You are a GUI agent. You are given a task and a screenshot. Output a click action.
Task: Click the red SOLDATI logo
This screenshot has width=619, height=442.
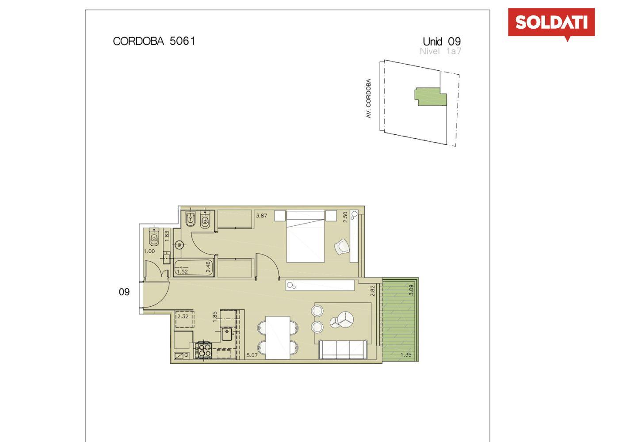[551, 23]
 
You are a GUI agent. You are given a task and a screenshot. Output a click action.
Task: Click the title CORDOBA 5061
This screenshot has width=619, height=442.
[154, 41]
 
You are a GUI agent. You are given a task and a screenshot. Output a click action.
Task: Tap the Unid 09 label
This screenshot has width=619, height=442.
[442, 42]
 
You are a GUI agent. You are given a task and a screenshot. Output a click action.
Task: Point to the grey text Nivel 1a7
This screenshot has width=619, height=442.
[440, 51]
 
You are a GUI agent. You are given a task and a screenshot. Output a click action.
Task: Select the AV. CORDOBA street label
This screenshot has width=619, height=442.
[368, 99]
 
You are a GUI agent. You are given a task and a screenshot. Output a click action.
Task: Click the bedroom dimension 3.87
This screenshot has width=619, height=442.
[261, 216]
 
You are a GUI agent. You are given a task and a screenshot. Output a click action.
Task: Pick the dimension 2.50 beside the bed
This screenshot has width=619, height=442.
[345, 217]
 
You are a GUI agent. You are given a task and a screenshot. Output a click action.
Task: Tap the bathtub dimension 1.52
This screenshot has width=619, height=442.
[182, 271]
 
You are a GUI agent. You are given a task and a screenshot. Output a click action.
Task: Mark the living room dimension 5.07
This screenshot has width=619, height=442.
[252, 355]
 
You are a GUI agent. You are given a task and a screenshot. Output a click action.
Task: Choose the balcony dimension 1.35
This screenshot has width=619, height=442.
[406, 355]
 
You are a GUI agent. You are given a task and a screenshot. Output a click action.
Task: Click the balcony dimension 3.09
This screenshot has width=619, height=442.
[412, 290]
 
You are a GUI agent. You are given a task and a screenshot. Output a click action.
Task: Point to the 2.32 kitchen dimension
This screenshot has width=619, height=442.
[183, 316]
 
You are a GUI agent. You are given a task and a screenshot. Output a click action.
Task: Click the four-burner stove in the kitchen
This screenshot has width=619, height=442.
[204, 350]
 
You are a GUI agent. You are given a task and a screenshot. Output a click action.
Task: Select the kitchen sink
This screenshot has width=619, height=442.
[228, 334]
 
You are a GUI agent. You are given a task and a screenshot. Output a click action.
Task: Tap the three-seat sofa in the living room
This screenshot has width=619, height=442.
[343, 350]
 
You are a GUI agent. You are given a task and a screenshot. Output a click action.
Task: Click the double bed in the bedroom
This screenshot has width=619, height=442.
[306, 236]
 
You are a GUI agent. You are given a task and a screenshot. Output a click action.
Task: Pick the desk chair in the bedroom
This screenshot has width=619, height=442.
[342, 246]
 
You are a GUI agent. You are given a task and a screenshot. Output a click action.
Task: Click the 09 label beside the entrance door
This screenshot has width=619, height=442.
[124, 292]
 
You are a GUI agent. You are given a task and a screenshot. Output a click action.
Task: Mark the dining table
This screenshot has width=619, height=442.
[278, 338]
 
